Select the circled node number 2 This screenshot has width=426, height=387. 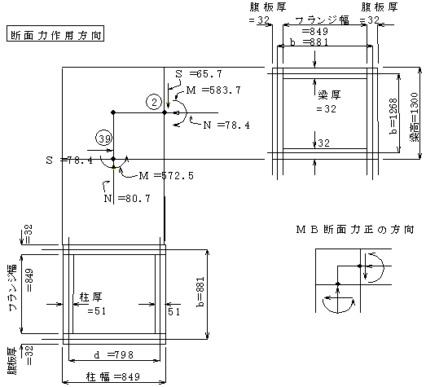pyautogui.click(x=154, y=102)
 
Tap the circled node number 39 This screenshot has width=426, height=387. pyautogui.click(x=103, y=138)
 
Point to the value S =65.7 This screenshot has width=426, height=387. pyautogui.click(x=199, y=73)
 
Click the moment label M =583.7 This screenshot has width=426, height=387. pyautogui.click(x=213, y=90)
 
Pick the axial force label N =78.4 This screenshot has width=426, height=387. pyautogui.click(x=226, y=125)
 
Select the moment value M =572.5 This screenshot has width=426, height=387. pyautogui.click(x=166, y=176)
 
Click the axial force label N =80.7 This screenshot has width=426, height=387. pyautogui.click(x=127, y=199)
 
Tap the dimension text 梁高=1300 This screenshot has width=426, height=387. pyautogui.click(x=414, y=117)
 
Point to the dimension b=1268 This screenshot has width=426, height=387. pyautogui.click(x=393, y=116)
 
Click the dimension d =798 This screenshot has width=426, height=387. pyautogui.click(x=113, y=354)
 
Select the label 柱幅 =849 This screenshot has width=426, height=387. pyautogui.click(x=113, y=376)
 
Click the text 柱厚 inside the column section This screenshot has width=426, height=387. pyautogui.click(x=90, y=297)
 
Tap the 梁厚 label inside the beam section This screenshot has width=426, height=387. pyautogui.click(x=329, y=95)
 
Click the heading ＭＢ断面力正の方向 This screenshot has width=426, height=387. pyautogui.click(x=355, y=230)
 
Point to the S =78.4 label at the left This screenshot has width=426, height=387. pyautogui.click(x=69, y=160)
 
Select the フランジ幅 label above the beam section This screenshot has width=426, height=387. pyautogui.click(x=322, y=20)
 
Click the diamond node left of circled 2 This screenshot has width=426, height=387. pyautogui.click(x=113, y=112)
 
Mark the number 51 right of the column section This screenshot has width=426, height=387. pyautogui.click(x=173, y=311)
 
